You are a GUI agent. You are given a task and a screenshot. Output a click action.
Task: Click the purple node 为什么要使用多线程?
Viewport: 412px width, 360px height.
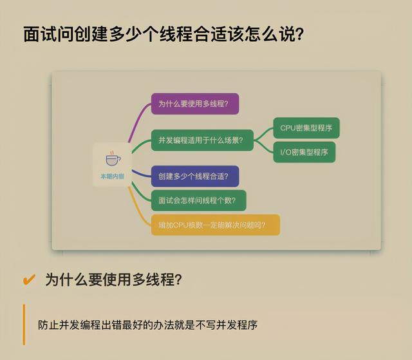(195, 104)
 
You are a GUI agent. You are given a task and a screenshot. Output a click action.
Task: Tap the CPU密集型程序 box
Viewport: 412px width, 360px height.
(306, 128)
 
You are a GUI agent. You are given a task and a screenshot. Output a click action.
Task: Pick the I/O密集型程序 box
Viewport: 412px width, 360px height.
(304, 152)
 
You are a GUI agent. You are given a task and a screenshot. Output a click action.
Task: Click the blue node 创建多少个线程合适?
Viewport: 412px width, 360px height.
(194, 176)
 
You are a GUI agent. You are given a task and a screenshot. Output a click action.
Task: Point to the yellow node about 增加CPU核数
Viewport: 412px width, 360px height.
(215, 225)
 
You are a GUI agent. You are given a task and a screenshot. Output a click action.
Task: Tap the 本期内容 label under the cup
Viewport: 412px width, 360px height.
(112, 176)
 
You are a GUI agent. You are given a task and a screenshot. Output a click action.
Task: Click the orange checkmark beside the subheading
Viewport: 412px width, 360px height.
(29, 279)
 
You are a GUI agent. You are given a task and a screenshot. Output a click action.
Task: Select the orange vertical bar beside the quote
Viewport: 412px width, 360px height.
(24, 324)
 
